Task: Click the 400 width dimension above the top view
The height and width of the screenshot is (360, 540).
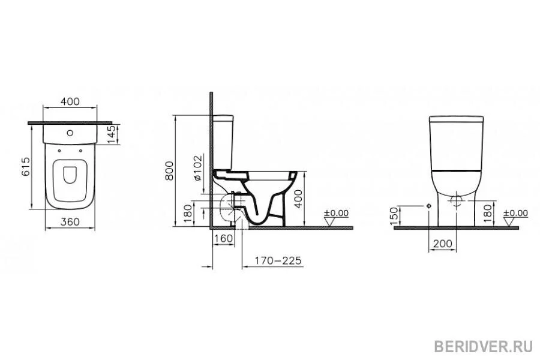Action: coord(70,102)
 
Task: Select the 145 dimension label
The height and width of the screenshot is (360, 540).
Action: coord(111,134)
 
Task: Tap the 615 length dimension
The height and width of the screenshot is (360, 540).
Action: coord(25,166)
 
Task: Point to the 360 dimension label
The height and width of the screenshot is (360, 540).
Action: coord(70,222)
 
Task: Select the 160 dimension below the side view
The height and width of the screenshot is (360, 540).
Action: coord(223,239)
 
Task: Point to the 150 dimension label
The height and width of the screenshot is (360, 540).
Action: coord(394,217)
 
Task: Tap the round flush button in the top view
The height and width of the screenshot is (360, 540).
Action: coord(70,132)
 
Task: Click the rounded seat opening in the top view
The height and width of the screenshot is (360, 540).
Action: coord(70,175)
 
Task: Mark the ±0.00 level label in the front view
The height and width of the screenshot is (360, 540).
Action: coord(515,213)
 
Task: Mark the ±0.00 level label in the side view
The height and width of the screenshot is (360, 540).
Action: coord(336,213)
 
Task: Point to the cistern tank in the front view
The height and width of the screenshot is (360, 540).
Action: coord(456,142)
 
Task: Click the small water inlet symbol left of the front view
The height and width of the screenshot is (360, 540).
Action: coord(428,206)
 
